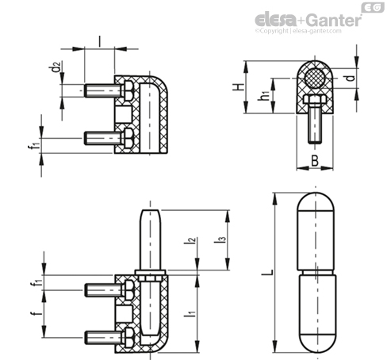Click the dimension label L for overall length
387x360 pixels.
click(x=267, y=273)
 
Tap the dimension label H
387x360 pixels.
click(x=239, y=87)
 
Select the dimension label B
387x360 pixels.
click(x=315, y=160)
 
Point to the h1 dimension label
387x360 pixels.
click(x=263, y=96)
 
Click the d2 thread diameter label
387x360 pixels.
click(x=56, y=67)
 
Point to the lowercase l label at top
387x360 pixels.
click(x=99, y=41)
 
